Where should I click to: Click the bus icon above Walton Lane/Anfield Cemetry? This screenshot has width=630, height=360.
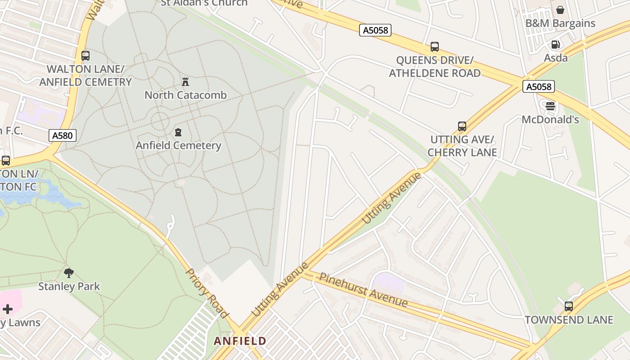(x=85, y=56)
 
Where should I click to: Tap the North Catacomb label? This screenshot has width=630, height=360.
(x=185, y=95)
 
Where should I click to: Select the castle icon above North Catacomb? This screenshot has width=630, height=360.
(x=185, y=82)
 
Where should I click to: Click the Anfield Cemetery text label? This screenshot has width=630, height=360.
(x=179, y=145)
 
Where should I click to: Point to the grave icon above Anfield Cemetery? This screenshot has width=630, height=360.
(x=179, y=132)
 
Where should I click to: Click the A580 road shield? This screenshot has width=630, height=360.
(x=63, y=135)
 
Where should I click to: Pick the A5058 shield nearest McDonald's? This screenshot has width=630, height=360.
(x=538, y=86)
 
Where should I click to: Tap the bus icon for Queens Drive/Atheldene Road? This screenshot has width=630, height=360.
(x=435, y=47)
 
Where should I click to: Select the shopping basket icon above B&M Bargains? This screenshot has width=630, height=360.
(x=560, y=10)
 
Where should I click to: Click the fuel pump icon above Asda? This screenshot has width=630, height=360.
(x=556, y=45)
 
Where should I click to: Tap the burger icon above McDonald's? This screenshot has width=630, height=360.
(x=550, y=107)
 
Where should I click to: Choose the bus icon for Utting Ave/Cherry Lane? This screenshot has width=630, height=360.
(x=462, y=126)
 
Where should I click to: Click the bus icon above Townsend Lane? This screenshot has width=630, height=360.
(x=569, y=306)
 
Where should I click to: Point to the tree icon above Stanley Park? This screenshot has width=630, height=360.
(x=69, y=273)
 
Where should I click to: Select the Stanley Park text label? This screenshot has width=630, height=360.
(x=69, y=286)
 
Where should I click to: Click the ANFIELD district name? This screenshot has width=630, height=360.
(x=240, y=341)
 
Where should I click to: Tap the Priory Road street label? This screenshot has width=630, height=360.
(x=207, y=293)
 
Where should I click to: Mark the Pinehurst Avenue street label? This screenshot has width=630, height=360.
(x=363, y=290)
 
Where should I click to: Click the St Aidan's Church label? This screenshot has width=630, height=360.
(x=204, y=3)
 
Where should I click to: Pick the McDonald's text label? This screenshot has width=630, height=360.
(x=550, y=120)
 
